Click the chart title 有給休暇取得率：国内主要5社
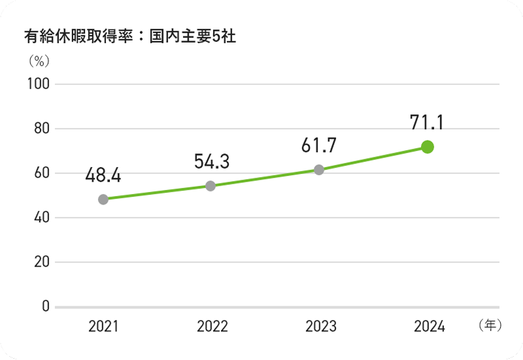(x=129, y=37)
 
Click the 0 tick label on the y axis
(x=45, y=306)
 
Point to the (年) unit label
(x=489, y=325)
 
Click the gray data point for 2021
(x=103, y=199)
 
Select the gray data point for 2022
(x=211, y=186)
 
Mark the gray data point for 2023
(x=319, y=170)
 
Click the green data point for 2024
(x=428, y=147)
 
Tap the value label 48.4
(x=103, y=174)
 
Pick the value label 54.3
(x=211, y=161)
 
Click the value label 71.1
(x=427, y=122)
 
